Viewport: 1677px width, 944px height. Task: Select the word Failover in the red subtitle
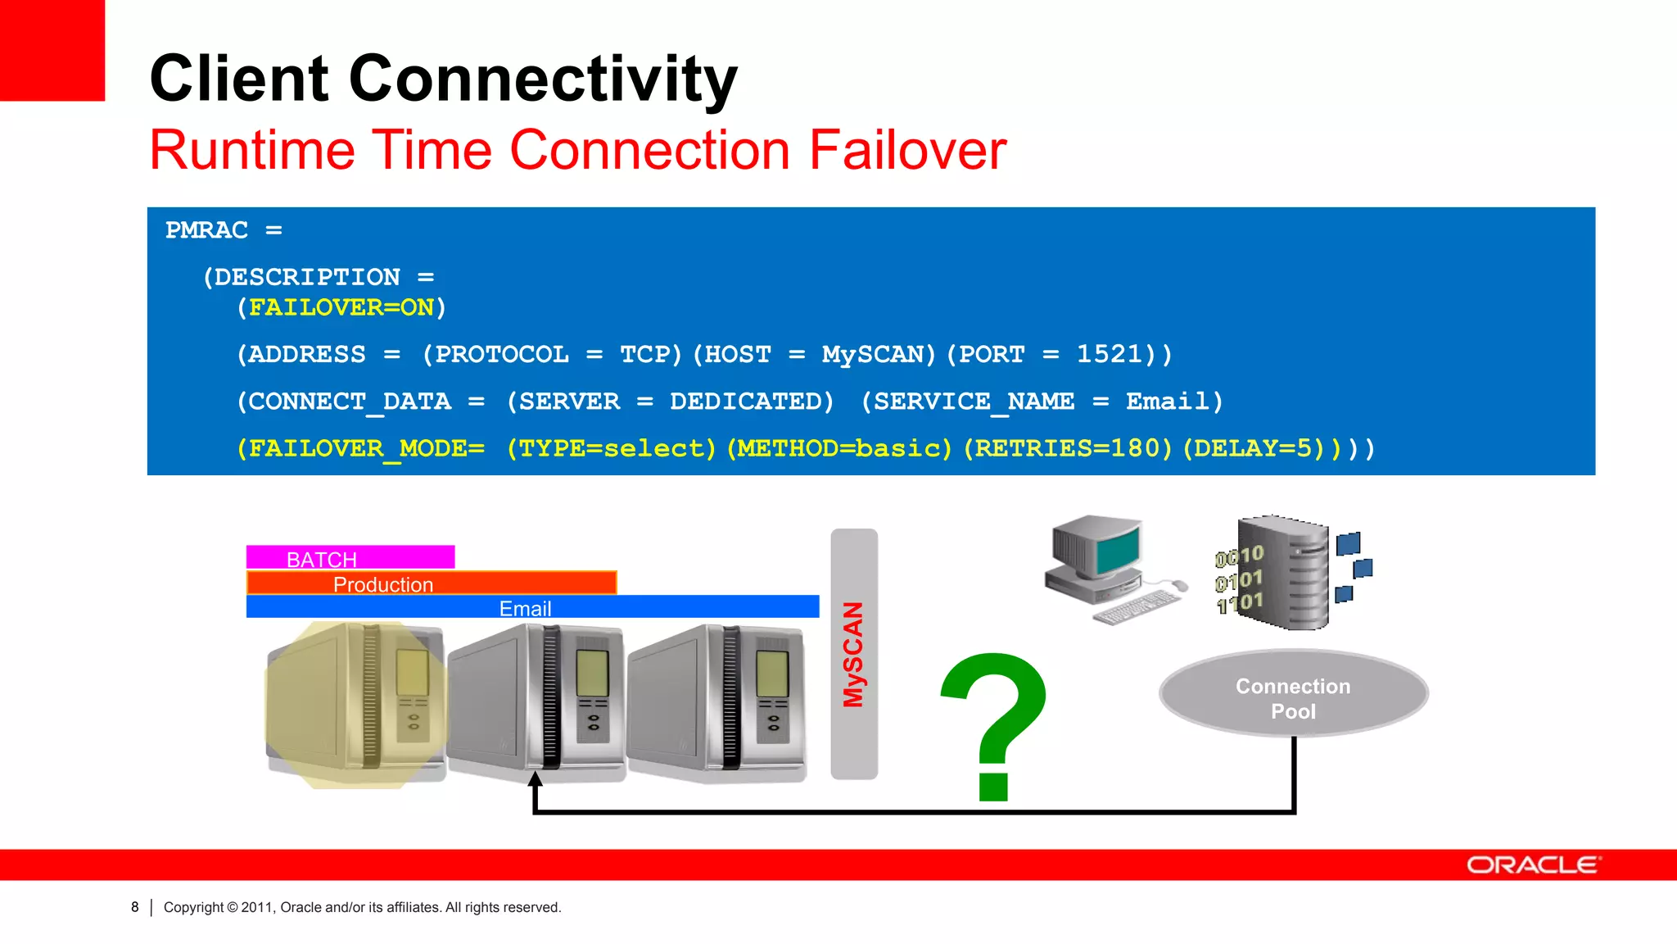coord(907,150)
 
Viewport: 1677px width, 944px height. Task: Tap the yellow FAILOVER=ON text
coord(341,307)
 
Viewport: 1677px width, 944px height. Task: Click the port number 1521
coord(1109,354)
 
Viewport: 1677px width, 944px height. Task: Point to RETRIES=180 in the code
coord(1068,448)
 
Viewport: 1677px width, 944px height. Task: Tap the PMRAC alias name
coord(206,230)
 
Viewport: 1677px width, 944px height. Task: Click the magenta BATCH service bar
coord(350,558)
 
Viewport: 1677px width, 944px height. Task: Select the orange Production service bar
coord(431,583)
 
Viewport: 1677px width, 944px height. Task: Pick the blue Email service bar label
coord(525,608)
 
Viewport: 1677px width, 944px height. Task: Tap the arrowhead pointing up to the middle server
coord(535,778)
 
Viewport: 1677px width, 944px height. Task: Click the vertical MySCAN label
coord(853,654)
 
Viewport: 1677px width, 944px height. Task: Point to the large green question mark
coord(994,721)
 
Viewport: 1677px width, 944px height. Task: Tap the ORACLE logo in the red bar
coord(1532,865)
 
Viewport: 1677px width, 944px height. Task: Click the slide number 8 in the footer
coord(135,907)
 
